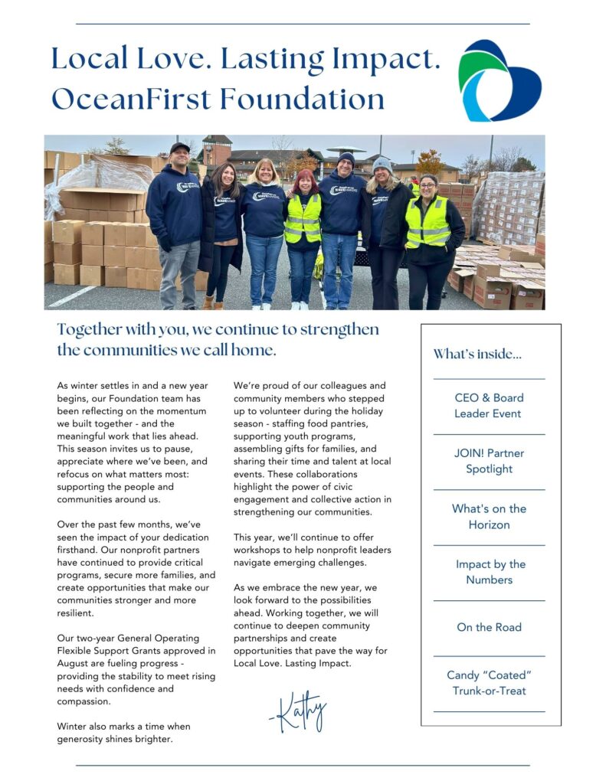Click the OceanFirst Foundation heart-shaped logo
click(x=499, y=81)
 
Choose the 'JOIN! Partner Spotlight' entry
click(x=489, y=461)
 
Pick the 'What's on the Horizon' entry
click(x=489, y=517)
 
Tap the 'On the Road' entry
click(x=489, y=627)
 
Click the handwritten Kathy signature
click(x=298, y=712)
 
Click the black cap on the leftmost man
click(x=179, y=147)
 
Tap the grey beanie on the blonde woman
click(x=382, y=163)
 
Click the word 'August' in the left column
click(x=73, y=663)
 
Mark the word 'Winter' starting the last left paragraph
click(x=72, y=726)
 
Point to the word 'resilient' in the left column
click(x=75, y=613)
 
